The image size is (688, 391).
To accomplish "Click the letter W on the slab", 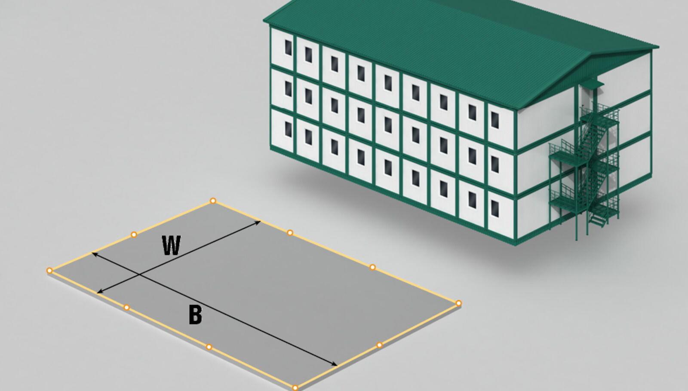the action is pyautogui.click(x=172, y=245).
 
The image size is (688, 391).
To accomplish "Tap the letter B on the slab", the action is pyautogui.click(x=195, y=315).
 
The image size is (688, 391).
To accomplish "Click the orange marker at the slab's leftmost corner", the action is pyautogui.click(x=49, y=270).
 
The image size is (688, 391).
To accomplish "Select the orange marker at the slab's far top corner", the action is pyautogui.click(x=213, y=201).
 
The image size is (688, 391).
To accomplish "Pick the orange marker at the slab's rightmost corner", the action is pyautogui.click(x=458, y=303).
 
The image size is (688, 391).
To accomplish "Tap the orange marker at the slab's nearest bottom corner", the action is pyautogui.click(x=295, y=388).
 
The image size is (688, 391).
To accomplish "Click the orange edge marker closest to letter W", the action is pyautogui.click(x=134, y=235).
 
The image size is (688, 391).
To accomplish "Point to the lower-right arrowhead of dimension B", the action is pyautogui.click(x=334, y=364).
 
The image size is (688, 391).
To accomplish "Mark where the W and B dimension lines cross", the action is pyautogui.click(x=140, y=274).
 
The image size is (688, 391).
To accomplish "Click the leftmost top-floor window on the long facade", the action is pyautogui.click(x=288, y=48).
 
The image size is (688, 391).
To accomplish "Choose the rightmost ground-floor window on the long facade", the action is pyautogui.click(x=495, y=208).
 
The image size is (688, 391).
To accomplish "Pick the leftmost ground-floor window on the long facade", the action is pyautogui.click(x=288, y=129).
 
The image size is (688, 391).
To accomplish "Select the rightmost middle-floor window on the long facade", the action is pyautogui.click(x=495, y=164).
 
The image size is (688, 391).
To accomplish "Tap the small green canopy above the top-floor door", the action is pyautogui.click(x=591, y=84).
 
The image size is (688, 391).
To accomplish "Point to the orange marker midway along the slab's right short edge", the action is pyautogui.click(x=379, y=345).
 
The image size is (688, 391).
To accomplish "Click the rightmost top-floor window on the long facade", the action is pyautogui.click(x=495, y=120).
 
